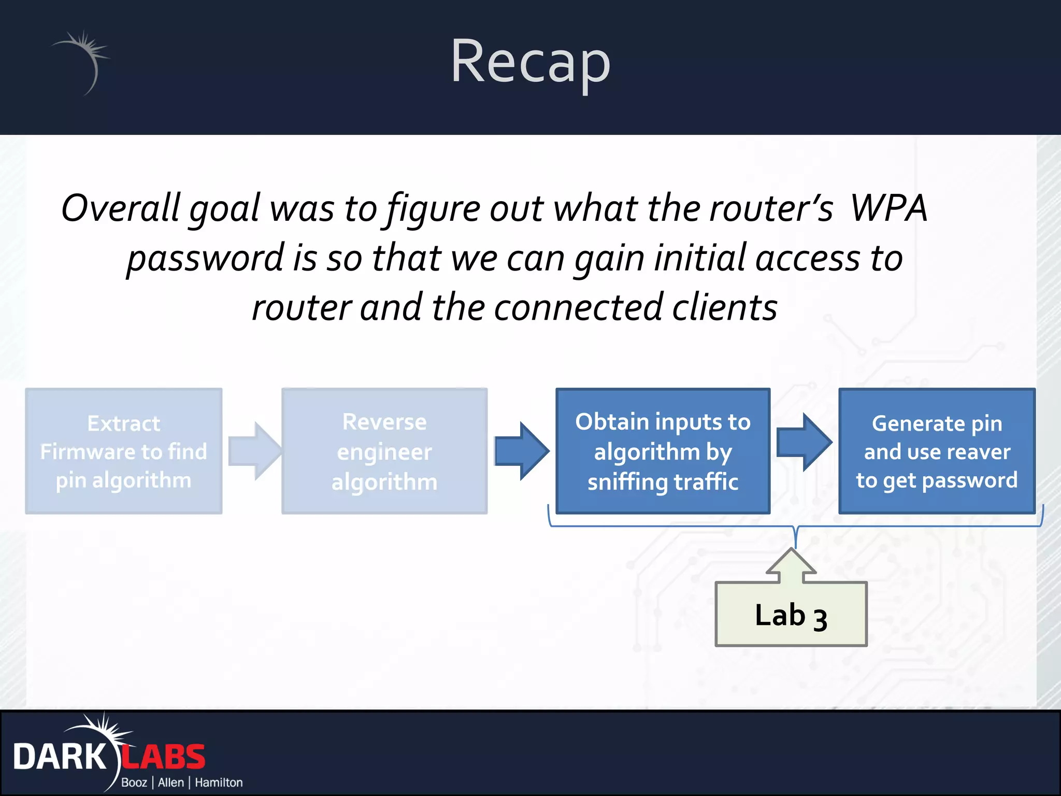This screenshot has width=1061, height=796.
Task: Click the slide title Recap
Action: [530, 62]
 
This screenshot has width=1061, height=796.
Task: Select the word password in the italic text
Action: [206, 258]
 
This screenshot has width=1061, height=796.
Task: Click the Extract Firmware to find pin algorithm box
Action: [124, 451]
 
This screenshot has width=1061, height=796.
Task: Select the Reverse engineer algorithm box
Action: [384, 451]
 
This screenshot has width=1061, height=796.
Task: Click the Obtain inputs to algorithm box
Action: [663, 451]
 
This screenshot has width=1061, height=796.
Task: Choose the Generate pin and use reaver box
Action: [936, 451]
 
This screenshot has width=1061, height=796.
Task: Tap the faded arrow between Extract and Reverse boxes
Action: [254, 451]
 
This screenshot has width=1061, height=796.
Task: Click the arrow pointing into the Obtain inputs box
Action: [521, 451]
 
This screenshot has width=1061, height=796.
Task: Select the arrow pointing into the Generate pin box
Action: [804, 442]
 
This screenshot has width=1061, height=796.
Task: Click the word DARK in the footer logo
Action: [59, 757]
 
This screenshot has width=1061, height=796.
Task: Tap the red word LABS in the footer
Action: [164, 757]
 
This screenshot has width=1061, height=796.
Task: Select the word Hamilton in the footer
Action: [218, 783]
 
